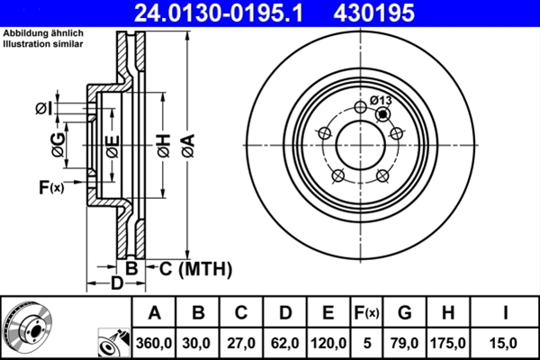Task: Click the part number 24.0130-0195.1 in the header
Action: click(x=205, y=13)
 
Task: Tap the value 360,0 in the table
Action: click(x=154, y=343)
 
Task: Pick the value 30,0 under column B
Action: click(x=199, y=343)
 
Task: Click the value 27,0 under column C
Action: click(x=242, y=343)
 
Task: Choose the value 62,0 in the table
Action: click(x=285, y=343)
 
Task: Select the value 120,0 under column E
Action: click(x=328, y=343)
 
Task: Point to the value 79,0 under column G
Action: click(x=405, y=343)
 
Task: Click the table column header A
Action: click(x=154, y=313)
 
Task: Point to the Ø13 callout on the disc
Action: click(x=379, y=100)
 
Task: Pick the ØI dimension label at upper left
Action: click(x=43, y=109)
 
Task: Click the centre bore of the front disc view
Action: click(x=360, y=144)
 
